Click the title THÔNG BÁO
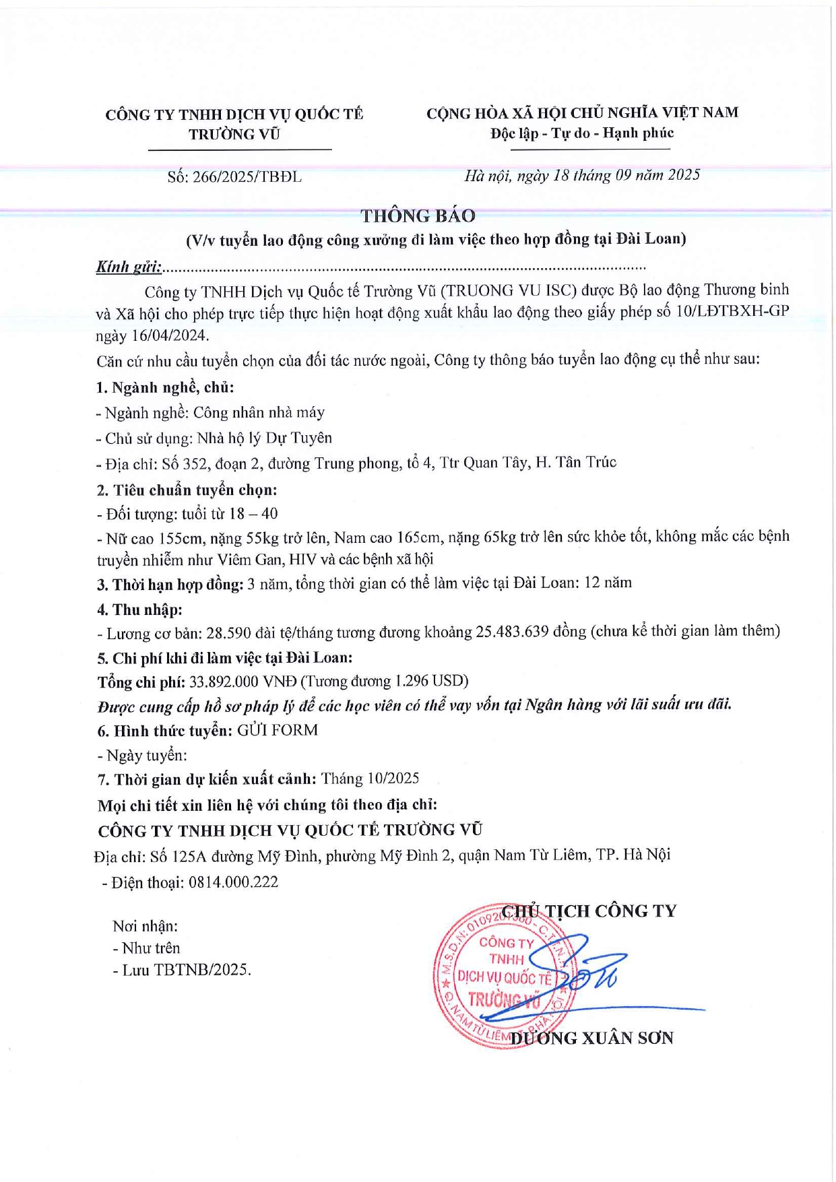[x=418, y=216]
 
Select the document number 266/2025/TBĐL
[x=247, y=177]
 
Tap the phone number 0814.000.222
[x=233, y=882]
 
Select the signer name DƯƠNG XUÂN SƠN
[x=591, y=1038]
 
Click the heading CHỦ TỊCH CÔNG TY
[x=589, y=911]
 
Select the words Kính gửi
[x=129, y=267]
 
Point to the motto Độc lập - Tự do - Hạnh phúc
[x=582, y=133]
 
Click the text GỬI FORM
[x=277, y=730]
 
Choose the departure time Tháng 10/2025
[x=370, y=779]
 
